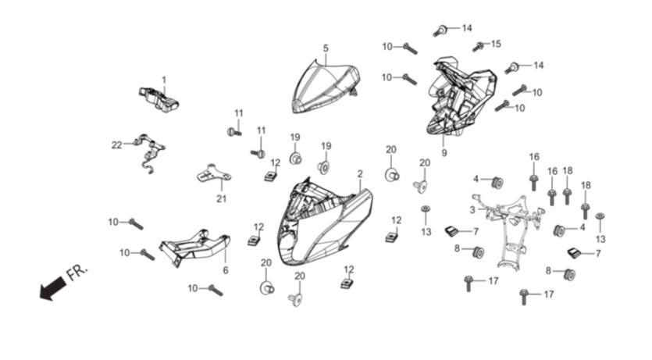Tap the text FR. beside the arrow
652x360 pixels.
[77, 272]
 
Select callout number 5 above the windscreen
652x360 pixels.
[326, 48]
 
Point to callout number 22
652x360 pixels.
[117, 145]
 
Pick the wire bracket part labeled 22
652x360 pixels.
[149, 153]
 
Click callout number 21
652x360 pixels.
[221, 198]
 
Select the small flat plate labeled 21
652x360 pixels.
[214, 173]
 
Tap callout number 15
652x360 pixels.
[496, 44]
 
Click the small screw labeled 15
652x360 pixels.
[478, 47]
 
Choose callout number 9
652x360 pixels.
[444, 153]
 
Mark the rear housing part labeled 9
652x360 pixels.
[461, 98]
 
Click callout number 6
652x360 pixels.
[226, 270]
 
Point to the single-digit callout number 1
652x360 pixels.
[164, 80]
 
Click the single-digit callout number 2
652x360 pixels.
[360, 174]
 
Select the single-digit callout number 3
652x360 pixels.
[472, 210]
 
